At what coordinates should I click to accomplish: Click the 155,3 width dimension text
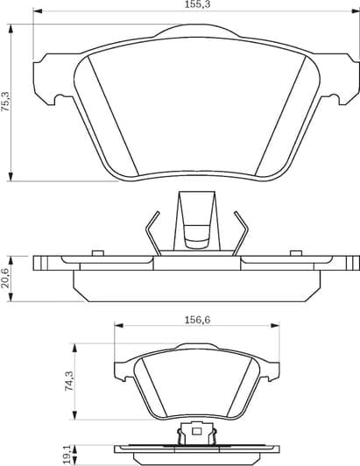pyautogui.click(x=180, y=5)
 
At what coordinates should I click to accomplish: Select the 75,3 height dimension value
pyautogui.click(x=7, y=102)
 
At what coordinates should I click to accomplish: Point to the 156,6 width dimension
pyautogui.click(x=197, y=320)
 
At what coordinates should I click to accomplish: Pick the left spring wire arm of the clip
pyautogui.click(x=152, y=232)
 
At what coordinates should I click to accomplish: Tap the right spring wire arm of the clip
pyautogui.click(x=242, y=232)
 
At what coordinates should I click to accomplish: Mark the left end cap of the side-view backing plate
pyautogui.click(x=39, y=261)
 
